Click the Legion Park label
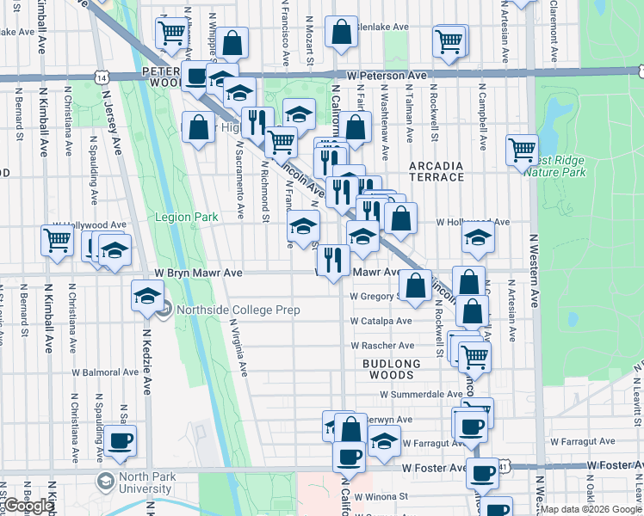coord(187,218)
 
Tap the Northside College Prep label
coord(238,310)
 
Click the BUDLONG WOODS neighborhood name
coord(391,369)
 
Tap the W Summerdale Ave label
coord(422,394)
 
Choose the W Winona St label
coord(383,496)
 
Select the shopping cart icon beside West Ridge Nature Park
coord(522,149)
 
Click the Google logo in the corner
coord(28,507)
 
